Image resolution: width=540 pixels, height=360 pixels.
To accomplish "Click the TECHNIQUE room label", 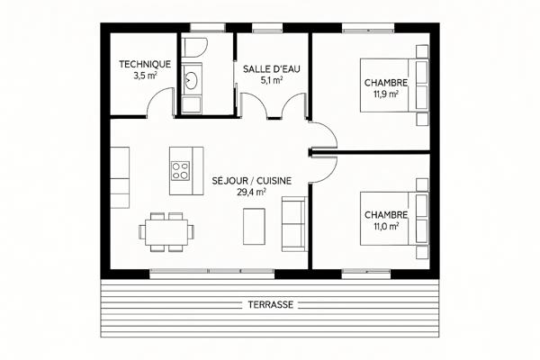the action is (145, 64).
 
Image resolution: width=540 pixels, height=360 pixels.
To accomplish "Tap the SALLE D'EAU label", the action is (272, 69).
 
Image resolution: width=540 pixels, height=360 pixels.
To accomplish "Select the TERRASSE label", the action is (271, 305).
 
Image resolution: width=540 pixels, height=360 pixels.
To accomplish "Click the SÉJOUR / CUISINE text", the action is (252, 181).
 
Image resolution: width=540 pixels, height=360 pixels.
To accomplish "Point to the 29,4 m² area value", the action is (251, 192).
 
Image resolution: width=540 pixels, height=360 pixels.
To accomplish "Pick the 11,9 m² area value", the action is (386, 94).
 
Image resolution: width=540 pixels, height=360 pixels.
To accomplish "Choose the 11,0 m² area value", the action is (386, 226).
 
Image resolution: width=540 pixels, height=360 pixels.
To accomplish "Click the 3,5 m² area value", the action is (145, 76).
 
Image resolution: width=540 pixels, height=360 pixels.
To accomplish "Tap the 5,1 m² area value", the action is (272, 81).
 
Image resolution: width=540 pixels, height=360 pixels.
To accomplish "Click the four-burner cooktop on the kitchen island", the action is (181, 171).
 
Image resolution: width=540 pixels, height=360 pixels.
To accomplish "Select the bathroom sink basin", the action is (190, 80).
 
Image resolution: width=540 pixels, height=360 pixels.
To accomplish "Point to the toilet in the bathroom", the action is (194, 48).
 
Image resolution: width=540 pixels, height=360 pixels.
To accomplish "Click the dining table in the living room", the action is (166, 232).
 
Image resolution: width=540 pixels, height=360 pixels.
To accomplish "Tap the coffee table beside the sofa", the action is (254, 226).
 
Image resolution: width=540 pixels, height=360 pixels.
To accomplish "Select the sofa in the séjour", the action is (293, 223).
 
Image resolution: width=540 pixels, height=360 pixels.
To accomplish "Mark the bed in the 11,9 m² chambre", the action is (394, 85).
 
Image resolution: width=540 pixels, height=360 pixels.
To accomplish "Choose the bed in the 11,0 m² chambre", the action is (394, 219).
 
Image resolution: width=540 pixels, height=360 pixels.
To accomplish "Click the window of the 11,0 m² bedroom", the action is (366, 274).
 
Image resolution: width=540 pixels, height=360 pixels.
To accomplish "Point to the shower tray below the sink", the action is (191, 104).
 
